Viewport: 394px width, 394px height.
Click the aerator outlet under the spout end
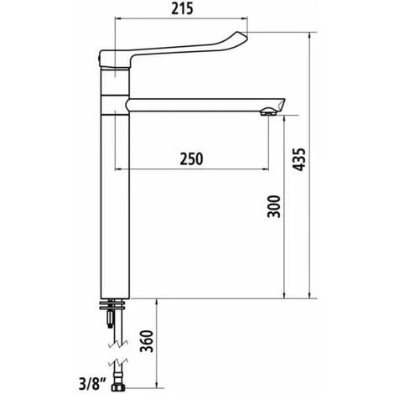[x=268, y=111]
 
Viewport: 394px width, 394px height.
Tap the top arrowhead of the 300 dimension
[x=286, y=118]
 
